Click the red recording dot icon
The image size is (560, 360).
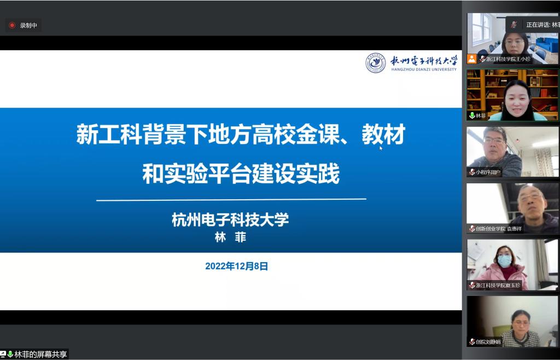pyautogui.click(x=12, y=25)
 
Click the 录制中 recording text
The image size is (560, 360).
pyautogui.click(x=28, y=25)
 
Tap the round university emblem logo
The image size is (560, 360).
pyautogui.click(x=375, y=63)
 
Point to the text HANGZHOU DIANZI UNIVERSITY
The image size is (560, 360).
pyautogui.click(x=424, y=69)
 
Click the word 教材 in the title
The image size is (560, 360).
pyautogui.click(x=383, y=134)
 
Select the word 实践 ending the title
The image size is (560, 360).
pyautogui.click(x=318, y=173)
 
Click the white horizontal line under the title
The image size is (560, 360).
pyautogui.click(x=231, y=200)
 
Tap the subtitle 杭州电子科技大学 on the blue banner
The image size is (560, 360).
pyautogui.click(x=230, y=219)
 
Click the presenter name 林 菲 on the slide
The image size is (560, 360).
pyautogui.click(x=230, y=237)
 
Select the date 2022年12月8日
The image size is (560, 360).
pyautogui.click(x=236, y=266)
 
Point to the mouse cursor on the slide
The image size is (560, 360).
pyautogui.click(x=381, y=148)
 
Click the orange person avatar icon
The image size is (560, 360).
pyautogui.click(x=472, y=59)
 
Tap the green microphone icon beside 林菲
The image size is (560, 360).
pyautogui.click(x=472, y=115)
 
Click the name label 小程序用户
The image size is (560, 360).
pyautogui.click(x=488, y=172)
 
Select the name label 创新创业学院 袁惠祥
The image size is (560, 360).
pyautogui.click(x=499, y=229)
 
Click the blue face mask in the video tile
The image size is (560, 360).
pyautogui.click(x=504, y=261)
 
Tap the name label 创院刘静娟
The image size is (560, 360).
pyautogui.click(x=488, y=342)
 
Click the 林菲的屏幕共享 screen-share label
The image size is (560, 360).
pyautogui.click(x=40, y=355)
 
